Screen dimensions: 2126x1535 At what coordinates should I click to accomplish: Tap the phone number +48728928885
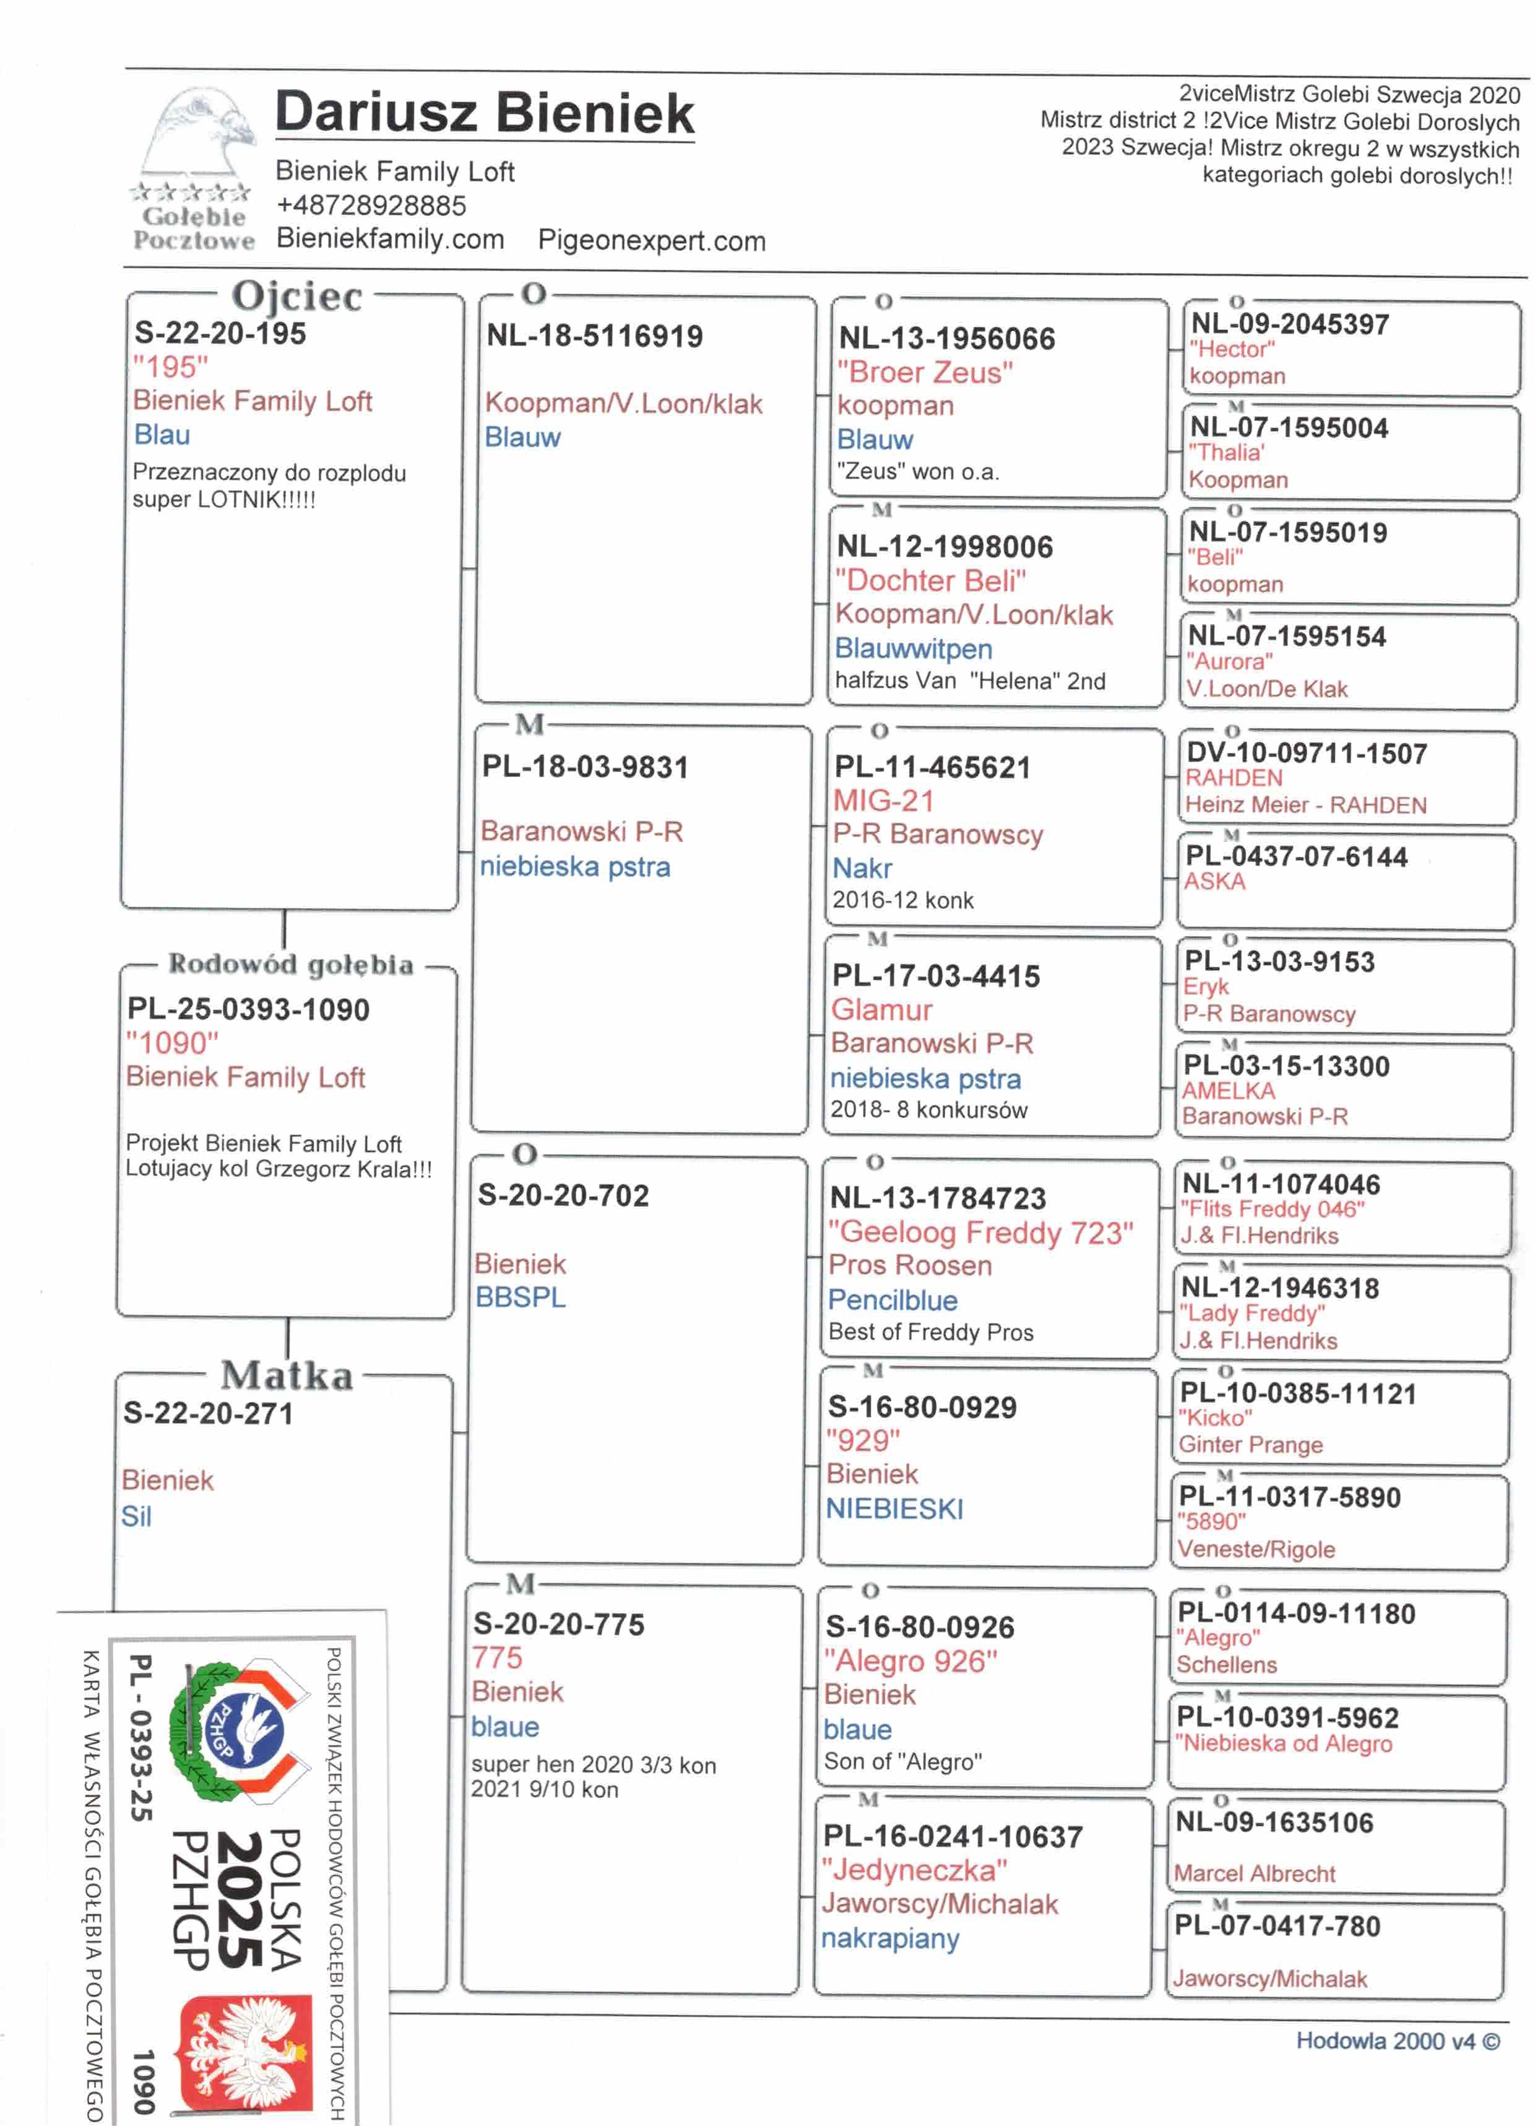pos(371,206)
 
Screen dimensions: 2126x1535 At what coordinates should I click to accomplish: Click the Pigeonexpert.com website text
pos(651,241)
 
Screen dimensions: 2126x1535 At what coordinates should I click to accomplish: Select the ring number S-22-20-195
pos(220,334)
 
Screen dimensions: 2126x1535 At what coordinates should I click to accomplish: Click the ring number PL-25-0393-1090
pos(248,1010)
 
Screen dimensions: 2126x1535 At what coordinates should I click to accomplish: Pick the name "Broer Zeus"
pos(925,372)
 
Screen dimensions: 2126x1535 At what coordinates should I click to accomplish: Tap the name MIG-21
pos(884,801)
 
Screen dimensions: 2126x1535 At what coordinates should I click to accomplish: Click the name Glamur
pos(882,1010)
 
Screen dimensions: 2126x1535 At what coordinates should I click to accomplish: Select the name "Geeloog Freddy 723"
pos(980,1232)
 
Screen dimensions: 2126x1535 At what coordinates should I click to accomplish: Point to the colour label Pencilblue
pos(892,1300)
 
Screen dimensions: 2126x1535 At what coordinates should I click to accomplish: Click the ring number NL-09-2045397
pos(1289,324)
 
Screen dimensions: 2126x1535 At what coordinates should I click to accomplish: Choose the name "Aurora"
pos(1229,662)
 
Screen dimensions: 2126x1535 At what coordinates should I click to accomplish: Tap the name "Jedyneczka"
pos(914,1870)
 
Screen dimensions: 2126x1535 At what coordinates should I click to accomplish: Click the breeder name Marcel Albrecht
pos(1254,1874)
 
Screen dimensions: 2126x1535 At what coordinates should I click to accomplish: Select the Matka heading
pos(287,1375)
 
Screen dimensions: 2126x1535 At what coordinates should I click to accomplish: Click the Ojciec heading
pos(296,295)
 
